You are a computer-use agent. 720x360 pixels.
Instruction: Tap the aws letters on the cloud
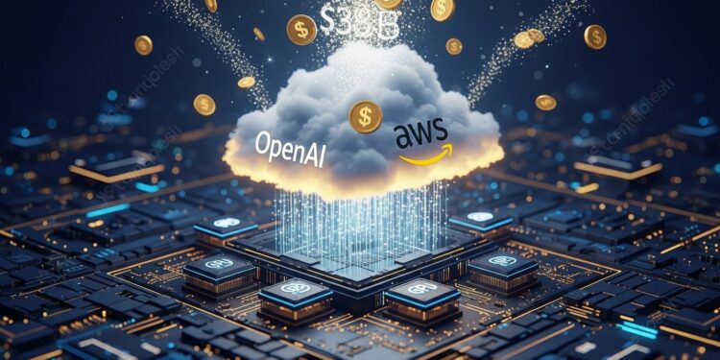(x=422, y=137)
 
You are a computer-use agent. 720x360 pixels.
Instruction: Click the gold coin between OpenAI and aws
(x=365, y=117)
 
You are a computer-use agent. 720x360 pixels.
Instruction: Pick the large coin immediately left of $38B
(x=301, y=30)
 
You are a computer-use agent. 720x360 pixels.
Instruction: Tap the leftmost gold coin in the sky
(x=144, y=44)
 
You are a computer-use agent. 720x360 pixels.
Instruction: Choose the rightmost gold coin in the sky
(x=595, y=36)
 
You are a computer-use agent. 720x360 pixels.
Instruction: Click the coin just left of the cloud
(x=204, y=104)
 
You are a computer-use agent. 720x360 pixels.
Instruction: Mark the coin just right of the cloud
(x=545, y=102)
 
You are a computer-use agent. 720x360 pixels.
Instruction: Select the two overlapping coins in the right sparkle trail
(x=528, y=37)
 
